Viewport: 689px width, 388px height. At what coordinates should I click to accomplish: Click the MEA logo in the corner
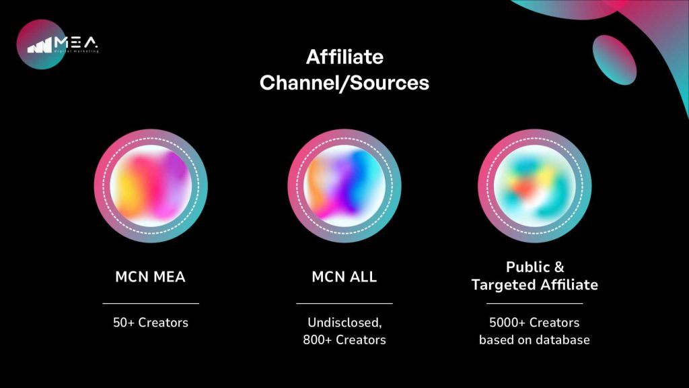click(57, 44)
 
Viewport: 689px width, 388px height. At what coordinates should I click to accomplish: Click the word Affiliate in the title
click(344, 57)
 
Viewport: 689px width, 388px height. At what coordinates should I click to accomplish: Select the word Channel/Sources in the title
click(344, 83)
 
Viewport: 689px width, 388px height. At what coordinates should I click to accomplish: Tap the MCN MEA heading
click(150, 277)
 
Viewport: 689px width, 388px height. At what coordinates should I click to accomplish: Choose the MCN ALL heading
click(344, 277)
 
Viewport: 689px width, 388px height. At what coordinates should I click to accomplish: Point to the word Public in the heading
click(528, 267)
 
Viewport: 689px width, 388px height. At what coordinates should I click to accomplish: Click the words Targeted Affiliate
click(535, 285)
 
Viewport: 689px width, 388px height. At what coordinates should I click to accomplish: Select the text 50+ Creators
click(151, 323)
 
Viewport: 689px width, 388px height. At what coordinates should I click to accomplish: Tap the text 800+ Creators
click(344, 340)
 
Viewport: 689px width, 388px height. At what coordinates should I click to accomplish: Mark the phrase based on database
click(534, 340)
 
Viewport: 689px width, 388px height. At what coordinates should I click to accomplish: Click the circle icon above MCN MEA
click(151, 186)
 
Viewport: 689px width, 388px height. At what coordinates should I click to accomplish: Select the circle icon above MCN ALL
click(344, 186)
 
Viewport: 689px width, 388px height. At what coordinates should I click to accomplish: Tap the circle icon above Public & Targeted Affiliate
click(535, 186)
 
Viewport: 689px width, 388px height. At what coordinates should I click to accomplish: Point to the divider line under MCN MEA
click(151, 303)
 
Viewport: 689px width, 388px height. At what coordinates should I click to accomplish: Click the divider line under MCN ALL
click(344, 303)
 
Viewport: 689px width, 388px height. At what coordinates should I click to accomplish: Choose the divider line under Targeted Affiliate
click(535, 303)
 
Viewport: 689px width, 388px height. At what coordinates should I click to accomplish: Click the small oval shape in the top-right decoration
click(614, 60)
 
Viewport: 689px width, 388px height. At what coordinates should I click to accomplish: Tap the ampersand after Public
click(559, 267)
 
